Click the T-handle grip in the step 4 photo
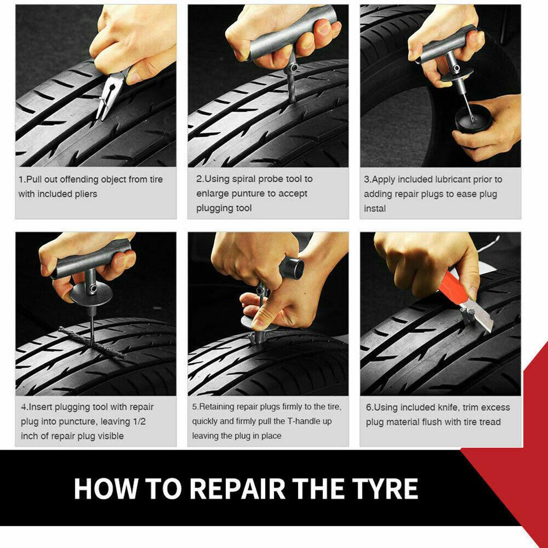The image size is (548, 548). (x=90, y=263)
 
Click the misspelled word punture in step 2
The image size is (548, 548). (x=248, y=194)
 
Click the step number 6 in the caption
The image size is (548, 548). (x=369, y=407)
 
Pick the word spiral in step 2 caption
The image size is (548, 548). (x=246, y=179)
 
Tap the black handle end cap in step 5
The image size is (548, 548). (x=293, y=268)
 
